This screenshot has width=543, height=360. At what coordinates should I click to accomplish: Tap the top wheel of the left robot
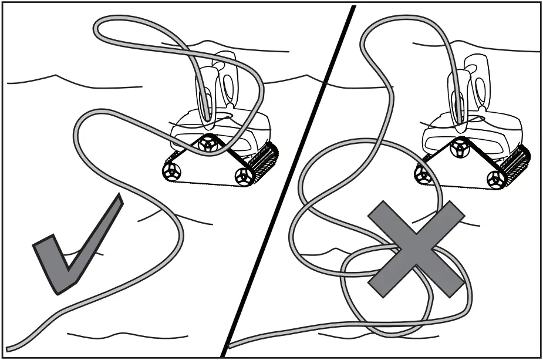[x=207, y=144]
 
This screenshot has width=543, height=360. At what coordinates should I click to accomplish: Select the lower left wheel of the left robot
[x=171, y=171]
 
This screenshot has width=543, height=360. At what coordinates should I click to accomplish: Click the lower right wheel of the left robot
[x=243, y=174]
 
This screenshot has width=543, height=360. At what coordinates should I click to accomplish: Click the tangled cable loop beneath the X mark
[x=405, y=294]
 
